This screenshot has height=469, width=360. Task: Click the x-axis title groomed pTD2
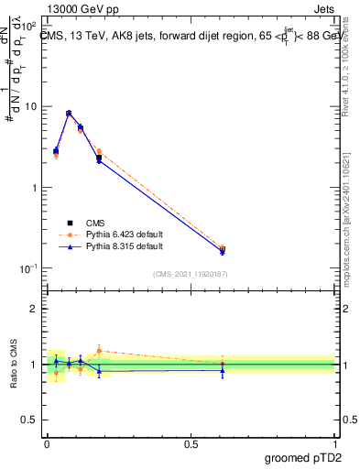click(x=305, y=455)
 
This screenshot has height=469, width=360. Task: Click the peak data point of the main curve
click(x=69, y=114)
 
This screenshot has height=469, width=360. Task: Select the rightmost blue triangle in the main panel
click(x=223, y=252)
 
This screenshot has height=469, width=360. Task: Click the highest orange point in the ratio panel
click(x=99, y=350)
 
